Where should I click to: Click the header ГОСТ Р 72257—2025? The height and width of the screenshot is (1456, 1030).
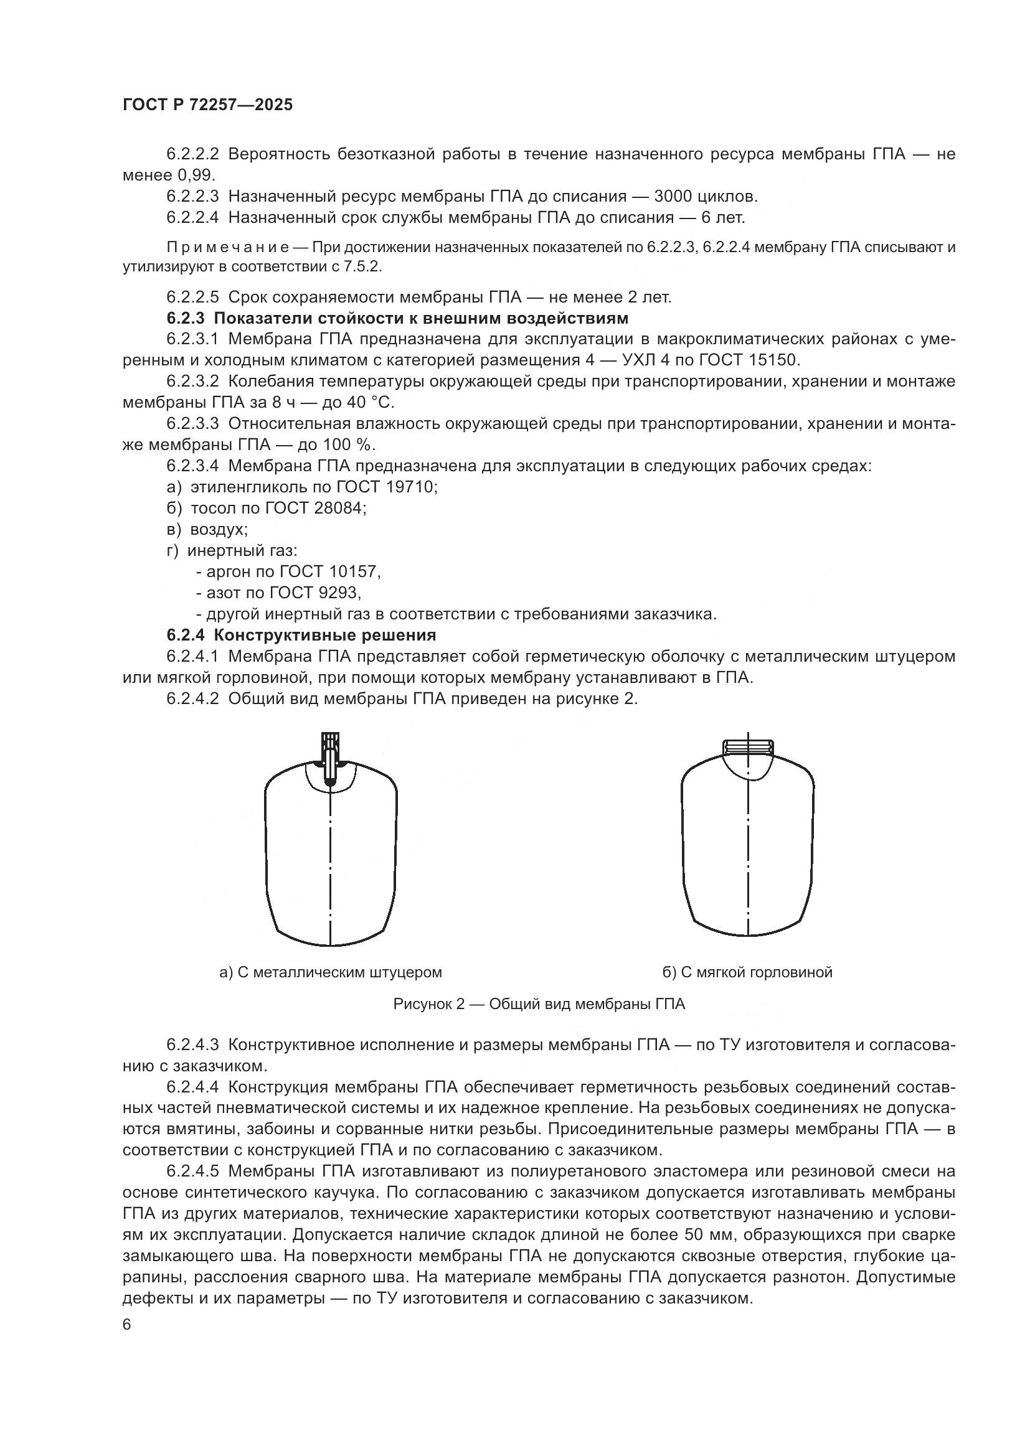(x=207, y=105)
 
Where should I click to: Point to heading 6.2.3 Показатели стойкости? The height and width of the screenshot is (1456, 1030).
(x=397, y=317)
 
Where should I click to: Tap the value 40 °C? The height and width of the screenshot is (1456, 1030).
(x=369, y=402)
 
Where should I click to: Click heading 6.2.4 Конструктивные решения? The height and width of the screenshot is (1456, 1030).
(x=301, y=635)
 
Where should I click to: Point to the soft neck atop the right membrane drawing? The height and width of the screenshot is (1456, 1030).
(x=748, y=746)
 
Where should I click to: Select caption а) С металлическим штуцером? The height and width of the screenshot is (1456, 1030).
(x=330, y=972)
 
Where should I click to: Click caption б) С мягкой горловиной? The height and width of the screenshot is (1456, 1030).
(x=747, y=972)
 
